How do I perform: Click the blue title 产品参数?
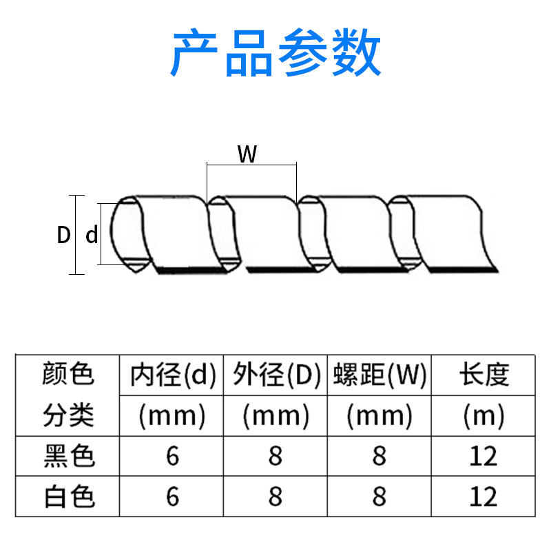(275, 54)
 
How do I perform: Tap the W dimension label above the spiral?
(247, 155)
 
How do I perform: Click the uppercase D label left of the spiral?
(63, 236)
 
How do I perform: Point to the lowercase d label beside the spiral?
(92, 236)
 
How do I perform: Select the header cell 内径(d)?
(173, 375)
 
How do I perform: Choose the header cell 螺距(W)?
(380, 375)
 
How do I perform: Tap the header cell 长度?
(484, 375)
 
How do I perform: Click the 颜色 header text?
(67, 375)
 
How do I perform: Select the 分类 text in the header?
(67, 415)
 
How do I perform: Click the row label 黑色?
(67, 456)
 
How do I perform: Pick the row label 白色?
(67, 497)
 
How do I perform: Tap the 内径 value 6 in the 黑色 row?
(172, 456)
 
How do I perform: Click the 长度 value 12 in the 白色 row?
(484, 497)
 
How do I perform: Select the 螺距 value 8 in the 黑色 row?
(380, 456)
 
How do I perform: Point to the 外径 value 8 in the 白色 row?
(275, 497)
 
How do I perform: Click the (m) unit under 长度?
(484, 415)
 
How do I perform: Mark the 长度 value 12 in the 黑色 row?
(484, 456)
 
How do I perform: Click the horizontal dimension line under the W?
(251, 165)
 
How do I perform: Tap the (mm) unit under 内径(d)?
(172, 415)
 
